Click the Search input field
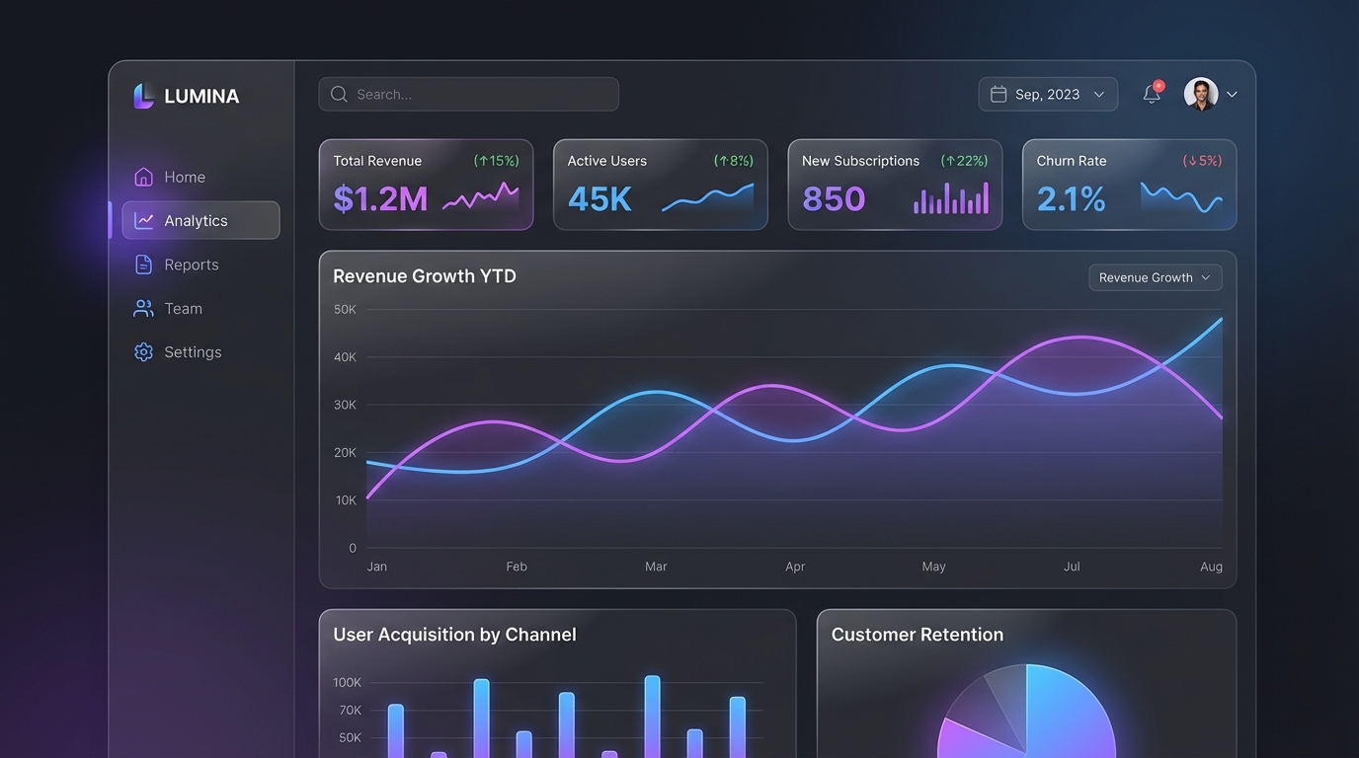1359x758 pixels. tap(469, 95)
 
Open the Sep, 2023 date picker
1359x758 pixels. tap(1048, 95)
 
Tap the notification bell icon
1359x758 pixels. tap(1152, 95)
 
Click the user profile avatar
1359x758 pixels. tap(1201, 95)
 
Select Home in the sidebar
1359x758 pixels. tap(185, 178)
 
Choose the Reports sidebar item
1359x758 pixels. tap(191, 265)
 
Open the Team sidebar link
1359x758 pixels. tap(183, 309)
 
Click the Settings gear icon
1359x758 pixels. tap(144, 352)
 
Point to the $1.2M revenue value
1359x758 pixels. tap(380, 199)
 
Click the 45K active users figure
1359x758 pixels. tap(600, 199)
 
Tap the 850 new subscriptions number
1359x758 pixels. tap(834, 199)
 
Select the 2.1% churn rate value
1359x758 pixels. tap(1072, 199)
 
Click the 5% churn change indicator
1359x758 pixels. tap(1202, 161)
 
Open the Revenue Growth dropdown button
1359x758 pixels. tap(1155, 278)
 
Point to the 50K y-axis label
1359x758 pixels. tap(345, 310)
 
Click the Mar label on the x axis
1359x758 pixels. tap(656, 567)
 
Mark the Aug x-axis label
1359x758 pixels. tap(1211, 567)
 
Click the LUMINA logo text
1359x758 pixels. tap(201, 97)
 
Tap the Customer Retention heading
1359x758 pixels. tap(917, 636)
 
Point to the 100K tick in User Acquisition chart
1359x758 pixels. tap(348, 683)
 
